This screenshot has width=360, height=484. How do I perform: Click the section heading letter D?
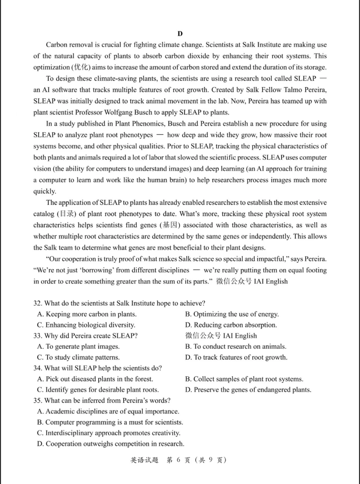180,34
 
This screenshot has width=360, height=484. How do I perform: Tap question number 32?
38,303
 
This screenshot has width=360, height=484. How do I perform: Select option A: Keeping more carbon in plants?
87,314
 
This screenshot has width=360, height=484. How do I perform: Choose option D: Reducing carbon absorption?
231,325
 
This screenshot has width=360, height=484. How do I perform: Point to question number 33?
38,336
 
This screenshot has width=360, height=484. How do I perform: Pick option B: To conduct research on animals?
235,347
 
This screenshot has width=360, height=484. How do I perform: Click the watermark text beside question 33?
221,336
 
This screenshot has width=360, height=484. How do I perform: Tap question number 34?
38,368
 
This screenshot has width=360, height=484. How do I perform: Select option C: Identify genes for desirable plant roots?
98,390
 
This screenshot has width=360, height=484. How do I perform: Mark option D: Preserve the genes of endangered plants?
248,390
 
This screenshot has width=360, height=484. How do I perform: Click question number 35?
38,400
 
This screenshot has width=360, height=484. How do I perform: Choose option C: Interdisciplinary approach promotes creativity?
109,433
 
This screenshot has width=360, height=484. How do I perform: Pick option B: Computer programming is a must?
110,422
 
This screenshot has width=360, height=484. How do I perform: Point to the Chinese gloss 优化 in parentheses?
81,67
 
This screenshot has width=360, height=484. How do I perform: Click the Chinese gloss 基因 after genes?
171,225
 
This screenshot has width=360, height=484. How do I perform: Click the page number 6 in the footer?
178,460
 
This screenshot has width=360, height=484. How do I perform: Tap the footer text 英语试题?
144,460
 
